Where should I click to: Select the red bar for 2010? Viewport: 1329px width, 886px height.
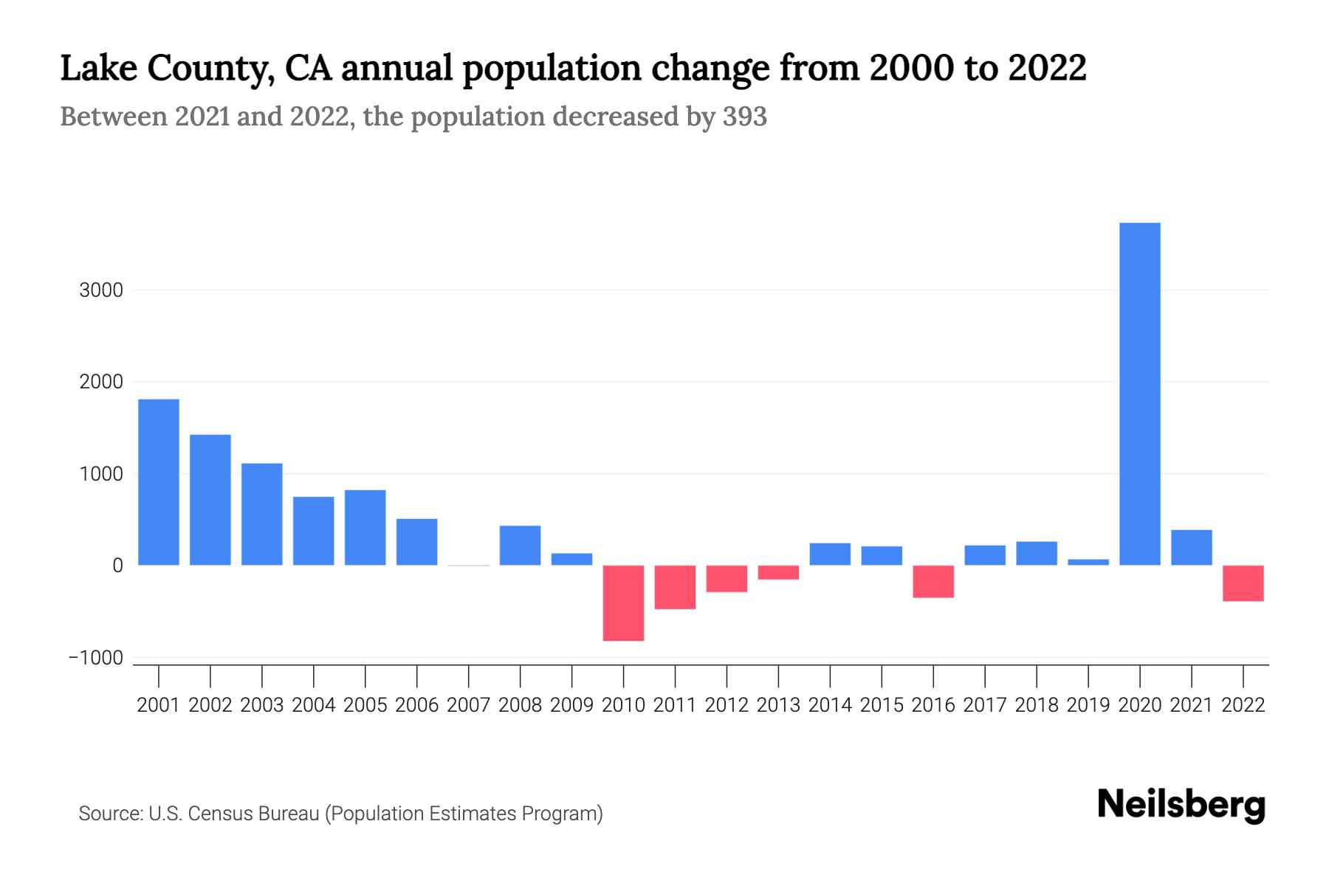tap(623, 602)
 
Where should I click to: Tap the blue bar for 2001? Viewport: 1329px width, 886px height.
tap(159, 482)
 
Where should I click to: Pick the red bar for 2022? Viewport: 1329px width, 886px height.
tap(1243, 583)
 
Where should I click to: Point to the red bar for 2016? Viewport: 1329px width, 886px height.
tap(933, 581)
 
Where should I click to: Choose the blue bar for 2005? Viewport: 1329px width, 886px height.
tap(365, 527)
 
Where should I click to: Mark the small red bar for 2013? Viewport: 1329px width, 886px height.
tap(778, 572)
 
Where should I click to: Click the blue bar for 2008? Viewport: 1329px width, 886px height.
tap(520, 545)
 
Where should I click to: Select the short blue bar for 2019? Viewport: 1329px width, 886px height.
tap(1088, 562)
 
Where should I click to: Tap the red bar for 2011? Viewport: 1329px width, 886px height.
tap(675, 587)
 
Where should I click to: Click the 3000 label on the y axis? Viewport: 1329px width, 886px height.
tap(101, 290)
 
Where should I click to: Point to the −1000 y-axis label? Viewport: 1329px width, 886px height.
tap(96, 658)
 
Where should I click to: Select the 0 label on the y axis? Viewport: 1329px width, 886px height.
tap(117, 566)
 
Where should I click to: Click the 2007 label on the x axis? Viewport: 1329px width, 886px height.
tap(468, 705)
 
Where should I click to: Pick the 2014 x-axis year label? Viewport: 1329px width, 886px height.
tap(830, 705)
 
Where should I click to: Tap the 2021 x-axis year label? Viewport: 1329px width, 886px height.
tap(1192, 705)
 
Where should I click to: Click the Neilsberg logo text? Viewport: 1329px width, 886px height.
tap(1181, 805)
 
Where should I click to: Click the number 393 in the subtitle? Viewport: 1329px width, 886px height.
tap(745, 117)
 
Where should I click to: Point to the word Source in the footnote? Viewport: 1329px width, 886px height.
tap(110, 814)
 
